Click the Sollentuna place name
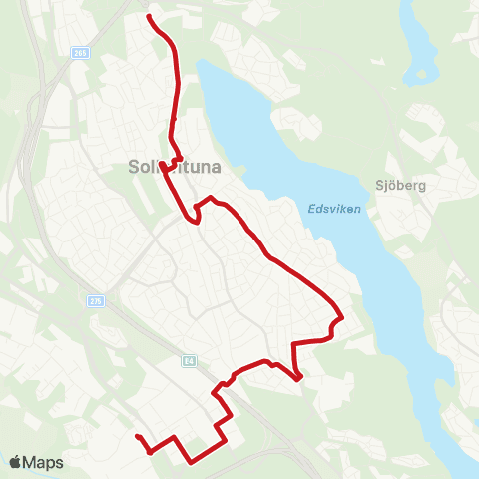(x=172, y=168)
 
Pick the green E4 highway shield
(x=187, y=362)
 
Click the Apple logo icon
(x=16, y=462)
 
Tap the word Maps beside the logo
(x=44, y=462)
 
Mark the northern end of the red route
(x=149, y=17)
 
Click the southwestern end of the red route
(x=136, y=436)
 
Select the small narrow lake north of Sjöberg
(x=418, y=45)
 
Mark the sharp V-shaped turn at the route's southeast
(x=299, y=378)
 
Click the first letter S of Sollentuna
(x=134, y=168)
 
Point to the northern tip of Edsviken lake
(x=201, y=62)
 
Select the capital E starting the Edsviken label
(x=300, y=210)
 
